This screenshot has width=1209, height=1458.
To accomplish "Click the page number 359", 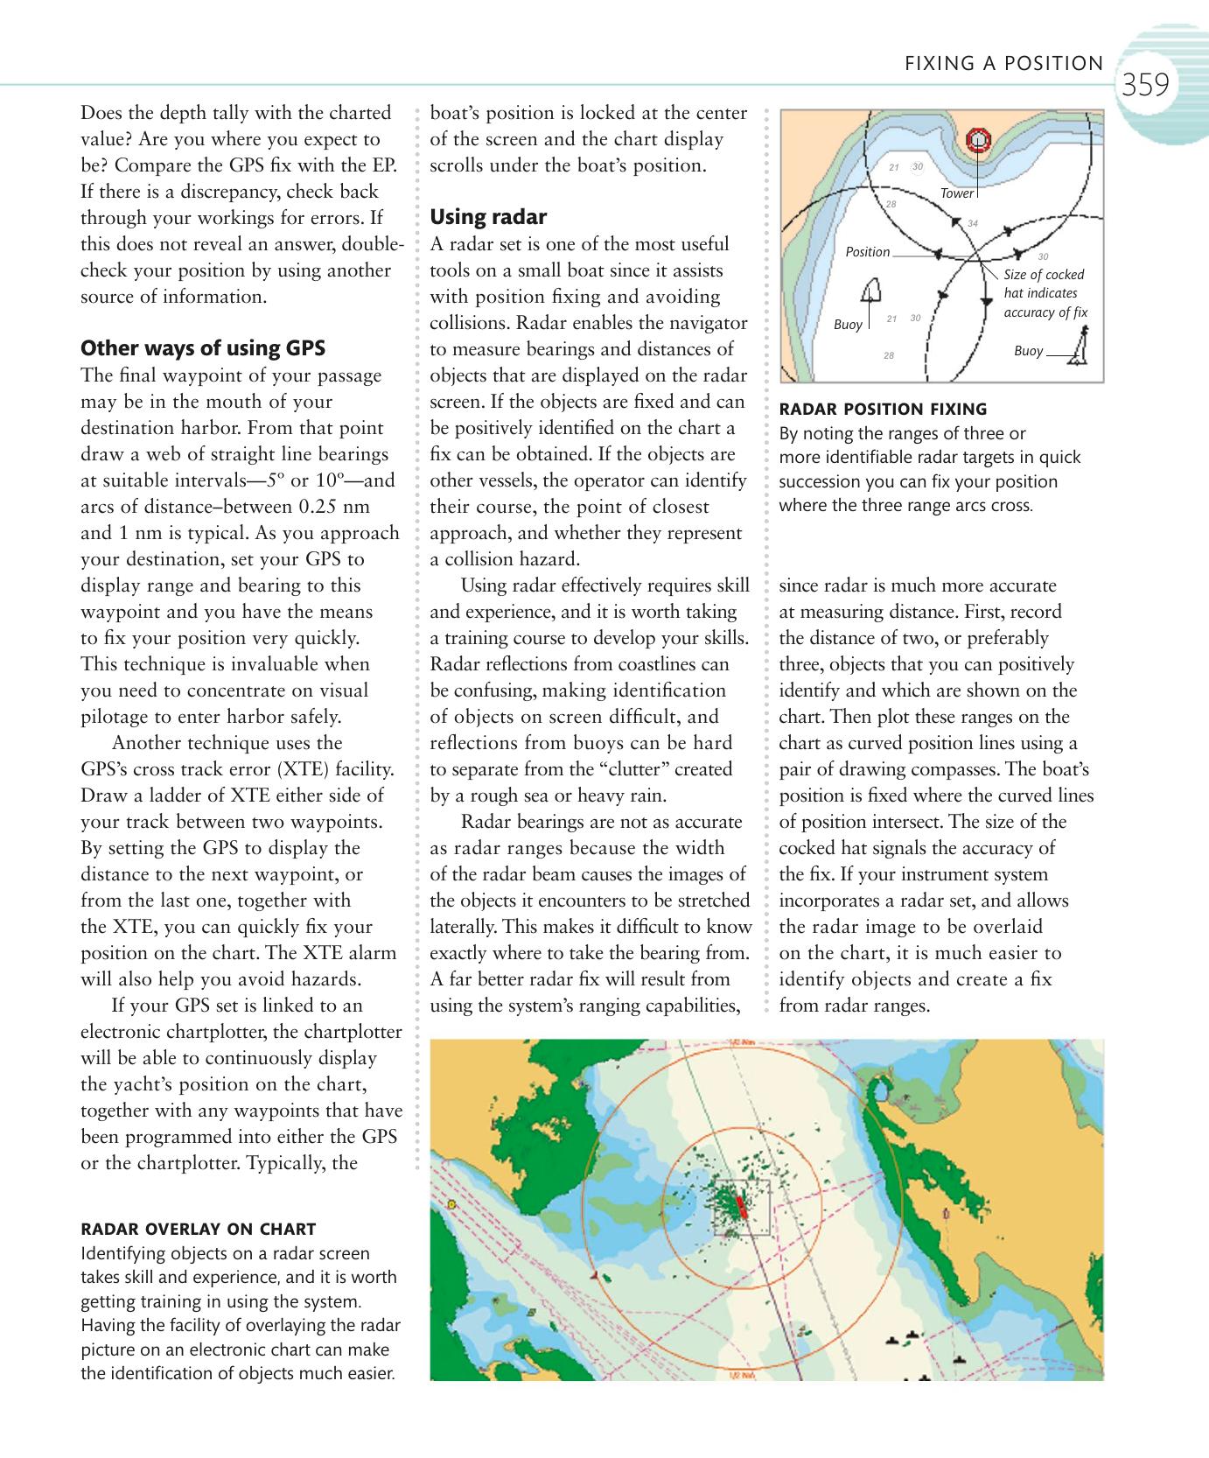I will (1145, 85).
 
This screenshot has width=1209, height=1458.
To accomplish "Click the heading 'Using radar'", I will (488, 217).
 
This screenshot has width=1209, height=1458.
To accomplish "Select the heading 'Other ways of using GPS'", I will (203, 348).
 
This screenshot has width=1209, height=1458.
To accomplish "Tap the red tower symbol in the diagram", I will (978, 140).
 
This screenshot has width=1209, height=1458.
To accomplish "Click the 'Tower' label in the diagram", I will (956, 193).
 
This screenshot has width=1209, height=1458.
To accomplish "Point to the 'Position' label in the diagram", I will (867, 252).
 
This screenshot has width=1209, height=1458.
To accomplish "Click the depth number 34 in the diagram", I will (972, 224).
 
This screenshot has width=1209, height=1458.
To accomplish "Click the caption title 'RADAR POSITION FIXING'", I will (883, 409).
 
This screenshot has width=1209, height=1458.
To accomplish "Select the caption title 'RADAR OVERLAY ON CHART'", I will (198, 1229).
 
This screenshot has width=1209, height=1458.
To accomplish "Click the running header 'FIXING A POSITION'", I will (1003, 63).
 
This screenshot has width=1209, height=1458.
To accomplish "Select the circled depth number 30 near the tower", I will (916, 166).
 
